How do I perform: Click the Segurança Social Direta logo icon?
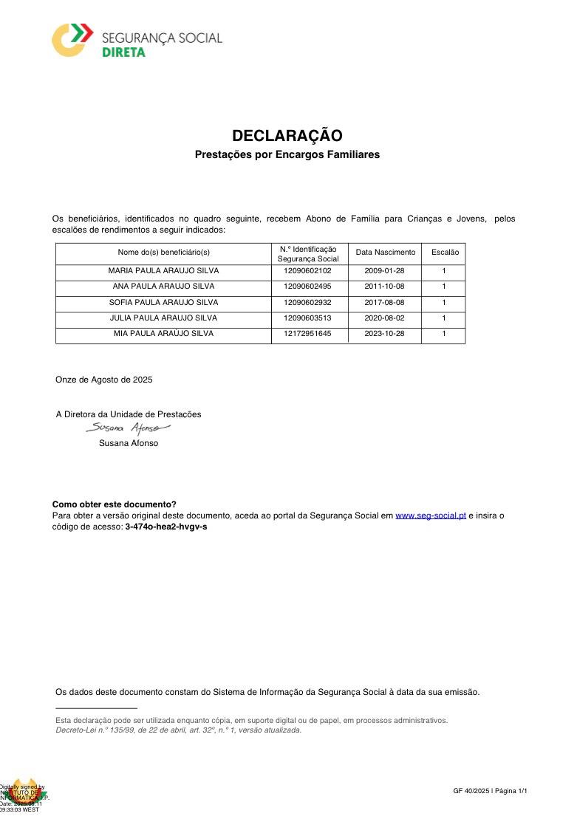click(x=72, y=39)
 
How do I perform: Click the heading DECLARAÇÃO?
click(x=287, y=136)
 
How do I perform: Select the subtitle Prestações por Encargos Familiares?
click(x=287, y=155)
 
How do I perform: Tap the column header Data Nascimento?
click(x=386, y=253)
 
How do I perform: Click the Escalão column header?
click(x=445, y=253)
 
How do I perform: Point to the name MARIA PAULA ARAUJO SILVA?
click(x=163, y=271)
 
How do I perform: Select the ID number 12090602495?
click(x=307, y=287)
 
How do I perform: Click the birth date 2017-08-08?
click(x=384, y=303)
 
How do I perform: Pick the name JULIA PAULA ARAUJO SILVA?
click(x=163, y=318)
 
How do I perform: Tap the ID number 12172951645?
click(x=307, y=334)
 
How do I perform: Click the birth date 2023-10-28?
click(x=384, y=334)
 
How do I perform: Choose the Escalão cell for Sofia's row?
click(x=444, y=303)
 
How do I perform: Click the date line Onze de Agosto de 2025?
click(x=104, y=380)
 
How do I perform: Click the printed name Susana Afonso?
click(x=129, y=444)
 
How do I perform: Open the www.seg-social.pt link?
click(x=431, y=516)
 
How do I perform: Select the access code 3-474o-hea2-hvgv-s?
click(x=166, y=527)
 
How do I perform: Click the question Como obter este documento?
click(x=115, y=505)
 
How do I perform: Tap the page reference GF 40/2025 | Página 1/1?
click(x=491, y=792)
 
